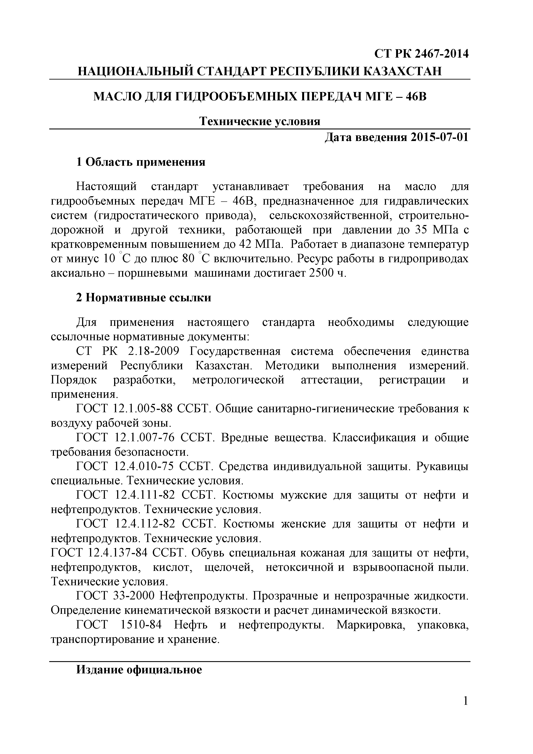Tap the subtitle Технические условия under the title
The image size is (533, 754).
coord(260,121)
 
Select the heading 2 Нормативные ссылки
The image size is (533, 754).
coord(144,297)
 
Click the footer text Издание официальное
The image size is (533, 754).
coord(139,670)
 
